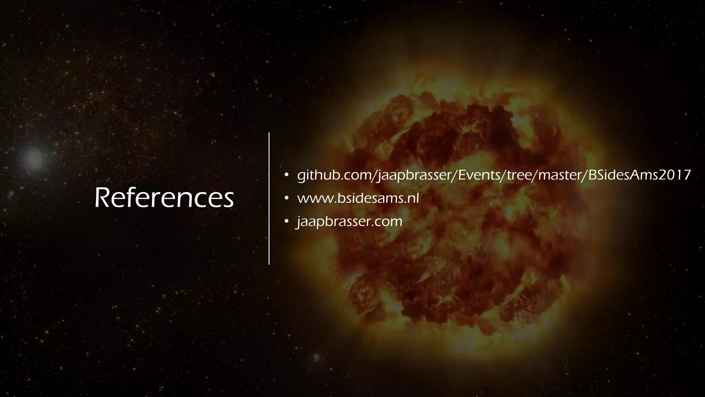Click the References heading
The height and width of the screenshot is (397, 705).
tap(164, 198)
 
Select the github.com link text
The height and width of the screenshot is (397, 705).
tap(494, 175)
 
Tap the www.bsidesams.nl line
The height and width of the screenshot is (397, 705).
tap(358, 198)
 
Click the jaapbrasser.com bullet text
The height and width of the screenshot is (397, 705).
tap(350, 221)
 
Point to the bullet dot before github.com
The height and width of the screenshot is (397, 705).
tap(286, 175)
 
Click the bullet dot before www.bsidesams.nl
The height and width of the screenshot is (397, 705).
tap(286, 198)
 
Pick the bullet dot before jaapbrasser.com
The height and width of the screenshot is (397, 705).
tap(286, 221)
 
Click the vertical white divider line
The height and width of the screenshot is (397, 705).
tap(269, 198)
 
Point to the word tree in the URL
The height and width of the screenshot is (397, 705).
tap(520, 175)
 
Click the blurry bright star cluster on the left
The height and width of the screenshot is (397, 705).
tap(34, 159)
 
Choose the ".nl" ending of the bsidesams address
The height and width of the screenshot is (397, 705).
tap(411, 198)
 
